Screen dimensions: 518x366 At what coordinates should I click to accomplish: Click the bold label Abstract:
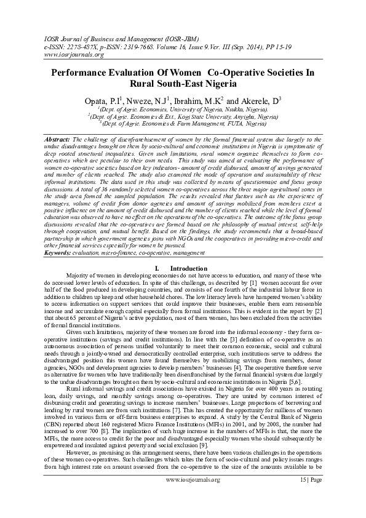tap(58, 140)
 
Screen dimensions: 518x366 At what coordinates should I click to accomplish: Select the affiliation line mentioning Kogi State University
tap(183, 115)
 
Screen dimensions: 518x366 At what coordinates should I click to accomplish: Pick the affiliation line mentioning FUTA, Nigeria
tap(183, 122)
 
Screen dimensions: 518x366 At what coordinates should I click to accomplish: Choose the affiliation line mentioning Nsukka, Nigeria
tap(183, 108)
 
